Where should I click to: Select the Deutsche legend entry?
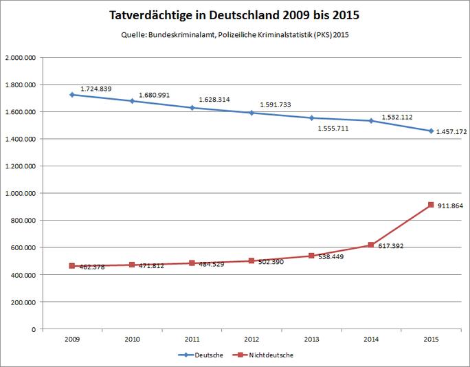[x=203, y=355]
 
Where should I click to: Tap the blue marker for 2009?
[x=71, y=95]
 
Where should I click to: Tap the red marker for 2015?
[x=431, y=205]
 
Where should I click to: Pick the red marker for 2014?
[x=371, y=245]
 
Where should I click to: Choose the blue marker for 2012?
[x=251, y=113]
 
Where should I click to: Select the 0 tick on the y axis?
[x=34, y=329]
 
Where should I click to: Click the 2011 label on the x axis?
[x=191, y=339]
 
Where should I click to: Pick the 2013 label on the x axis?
[x=311, y=339]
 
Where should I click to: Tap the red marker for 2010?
[x=131, y=265]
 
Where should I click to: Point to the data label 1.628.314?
[x=214, y=100]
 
